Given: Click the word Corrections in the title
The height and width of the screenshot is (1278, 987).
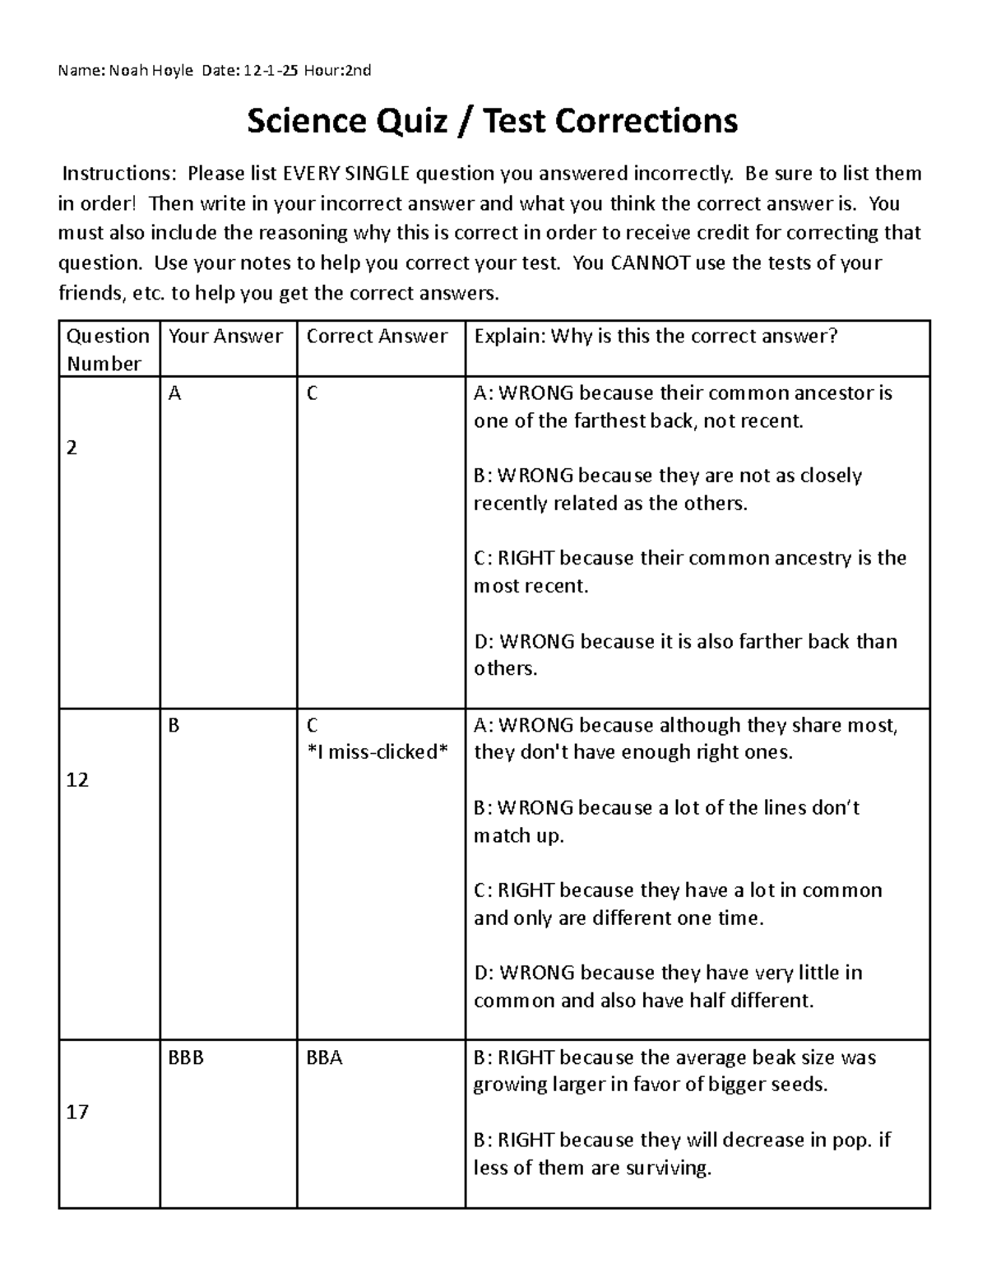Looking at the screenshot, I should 646,122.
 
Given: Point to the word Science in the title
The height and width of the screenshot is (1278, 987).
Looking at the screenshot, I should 306,122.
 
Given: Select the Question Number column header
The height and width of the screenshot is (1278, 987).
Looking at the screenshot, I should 108,349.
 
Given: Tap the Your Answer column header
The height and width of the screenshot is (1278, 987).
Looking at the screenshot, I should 225,336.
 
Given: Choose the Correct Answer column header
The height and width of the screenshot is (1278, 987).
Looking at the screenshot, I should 377,336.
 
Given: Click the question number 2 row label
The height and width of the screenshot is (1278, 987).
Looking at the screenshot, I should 72,448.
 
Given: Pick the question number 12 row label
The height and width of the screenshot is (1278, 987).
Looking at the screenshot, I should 76,779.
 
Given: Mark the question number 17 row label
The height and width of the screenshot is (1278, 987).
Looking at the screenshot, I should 76,1112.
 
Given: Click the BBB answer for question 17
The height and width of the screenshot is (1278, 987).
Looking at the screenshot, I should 186,1057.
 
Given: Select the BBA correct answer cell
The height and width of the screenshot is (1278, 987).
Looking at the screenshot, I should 324,1057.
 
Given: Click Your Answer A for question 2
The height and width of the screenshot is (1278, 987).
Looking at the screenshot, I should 174,393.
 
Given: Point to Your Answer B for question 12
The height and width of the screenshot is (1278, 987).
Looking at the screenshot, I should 174,725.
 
